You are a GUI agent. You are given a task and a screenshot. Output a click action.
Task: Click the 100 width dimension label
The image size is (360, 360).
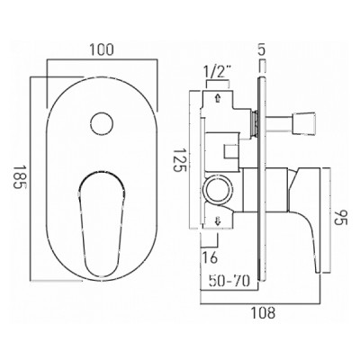[102, 49]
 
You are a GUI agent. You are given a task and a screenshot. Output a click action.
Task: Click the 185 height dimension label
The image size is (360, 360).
[19, 180]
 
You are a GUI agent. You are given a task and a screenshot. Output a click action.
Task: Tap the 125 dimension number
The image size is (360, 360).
[180, 159]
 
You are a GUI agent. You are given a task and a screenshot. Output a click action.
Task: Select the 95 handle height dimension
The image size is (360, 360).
[338, 220]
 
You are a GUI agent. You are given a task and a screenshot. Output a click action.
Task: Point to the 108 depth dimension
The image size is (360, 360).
[264, 313]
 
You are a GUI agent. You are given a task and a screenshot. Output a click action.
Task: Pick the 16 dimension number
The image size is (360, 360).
[210, 257]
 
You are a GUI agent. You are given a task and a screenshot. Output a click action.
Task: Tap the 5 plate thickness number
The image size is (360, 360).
[262, 49]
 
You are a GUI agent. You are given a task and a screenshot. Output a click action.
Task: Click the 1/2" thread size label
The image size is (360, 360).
[217, 72]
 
